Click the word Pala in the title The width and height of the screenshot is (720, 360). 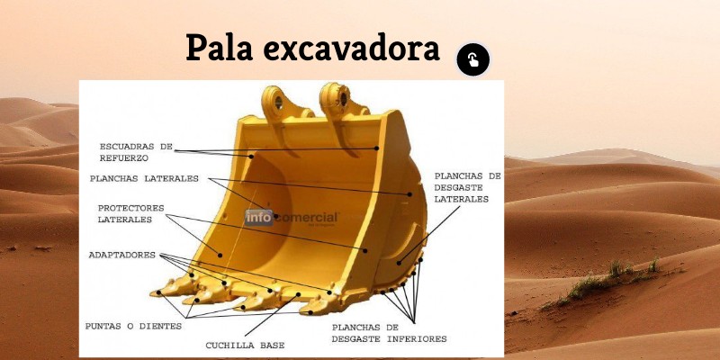coord(219,47)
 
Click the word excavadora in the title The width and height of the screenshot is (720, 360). coord(351,49)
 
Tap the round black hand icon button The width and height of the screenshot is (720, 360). coord(472,59)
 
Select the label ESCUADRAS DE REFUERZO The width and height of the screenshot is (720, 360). coord(135,151)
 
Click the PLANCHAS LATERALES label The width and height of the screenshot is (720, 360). coord(144,178)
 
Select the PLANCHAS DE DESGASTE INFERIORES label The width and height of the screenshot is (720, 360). coord(389,333)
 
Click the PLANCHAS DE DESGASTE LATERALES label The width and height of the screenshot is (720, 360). coord(467,187)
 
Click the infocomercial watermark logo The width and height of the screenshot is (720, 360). coord(292,217)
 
